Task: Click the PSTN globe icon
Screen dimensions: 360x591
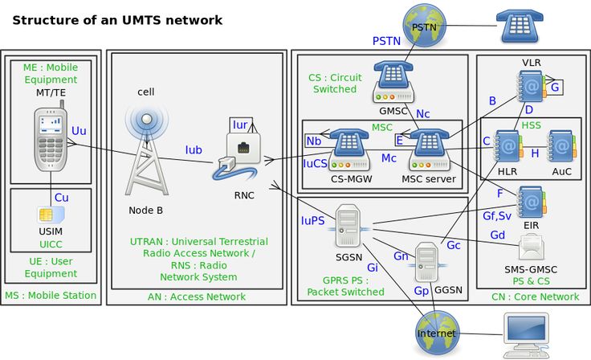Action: pyautogui.click(x=424, y=26)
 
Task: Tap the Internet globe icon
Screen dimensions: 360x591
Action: pyautogui.click(x=437, y=333)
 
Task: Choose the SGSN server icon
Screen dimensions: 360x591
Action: pyautogui.click(x=348, y=225)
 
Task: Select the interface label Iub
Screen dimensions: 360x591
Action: pyautogui.click(x=194, y=149)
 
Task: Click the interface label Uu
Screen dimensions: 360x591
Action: pyautogui.click(x=79, y=130)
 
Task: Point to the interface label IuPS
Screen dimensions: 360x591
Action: pyautogui.click(x=313, y=219)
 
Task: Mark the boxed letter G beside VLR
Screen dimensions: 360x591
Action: pyautogui.click(x=554, y=86)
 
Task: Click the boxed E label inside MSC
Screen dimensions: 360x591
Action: pyautogui.click(x=398, y=141)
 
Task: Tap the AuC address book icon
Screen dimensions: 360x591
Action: pyautogui.click(x=562, y=148)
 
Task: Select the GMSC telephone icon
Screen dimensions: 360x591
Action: pyautogui.click(x=393, y=80)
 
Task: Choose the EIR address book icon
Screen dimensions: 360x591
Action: pyautogui.click(x=531, y=199)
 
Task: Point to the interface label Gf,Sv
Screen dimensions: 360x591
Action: pyautogui.click(x=497, y=215)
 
